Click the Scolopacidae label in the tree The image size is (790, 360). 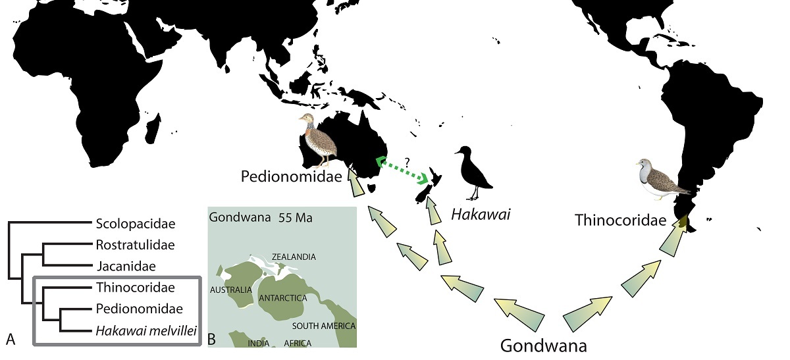click(x=136, y=224)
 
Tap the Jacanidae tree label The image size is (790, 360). click(x=126, y=267)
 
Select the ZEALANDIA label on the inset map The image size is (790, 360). click(x=294, y=257)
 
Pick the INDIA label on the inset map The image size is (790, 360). click(x=258, y=343)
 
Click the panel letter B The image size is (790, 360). click(x=211, y=339)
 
